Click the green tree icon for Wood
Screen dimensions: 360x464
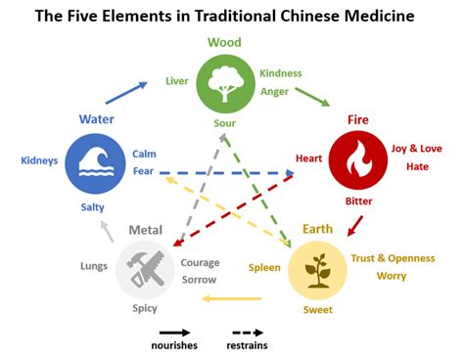tap(224, 83)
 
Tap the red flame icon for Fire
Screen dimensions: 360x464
tap(358, 158)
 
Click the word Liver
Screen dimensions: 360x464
tap(177, 80)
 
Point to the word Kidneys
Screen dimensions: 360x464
tap(39, 159)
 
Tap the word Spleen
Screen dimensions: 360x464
tap(264, 266)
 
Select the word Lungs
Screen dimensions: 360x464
tap(94, 266)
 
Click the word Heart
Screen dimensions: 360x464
tap(309, 158)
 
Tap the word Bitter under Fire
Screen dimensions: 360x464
tap(358, 202)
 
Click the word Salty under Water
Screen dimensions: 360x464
tap(94, 207)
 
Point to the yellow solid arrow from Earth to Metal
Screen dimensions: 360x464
tap(229, 298)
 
